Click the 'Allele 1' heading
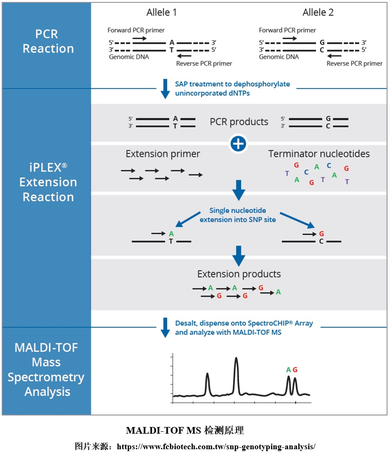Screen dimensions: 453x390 tap(162, 13)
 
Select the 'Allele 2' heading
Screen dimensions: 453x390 tap(318, 13)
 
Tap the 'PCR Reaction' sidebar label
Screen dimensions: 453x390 tap(48, 41)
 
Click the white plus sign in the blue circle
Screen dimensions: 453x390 tap(239, 144)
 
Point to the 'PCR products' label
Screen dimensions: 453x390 tap(239, 122)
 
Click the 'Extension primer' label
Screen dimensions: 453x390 tap(163, 154)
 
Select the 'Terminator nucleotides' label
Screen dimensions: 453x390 tap(319, 154)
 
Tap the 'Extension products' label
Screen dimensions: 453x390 tap(239, 274)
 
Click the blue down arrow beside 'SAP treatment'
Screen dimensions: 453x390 tap(165, 89)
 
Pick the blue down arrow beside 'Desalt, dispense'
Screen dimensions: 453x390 tap(165, 327)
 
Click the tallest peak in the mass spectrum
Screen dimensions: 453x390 tap(236, 360)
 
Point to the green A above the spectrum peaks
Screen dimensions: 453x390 tap(288, 370)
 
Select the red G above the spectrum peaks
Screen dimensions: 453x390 tap(295, 370)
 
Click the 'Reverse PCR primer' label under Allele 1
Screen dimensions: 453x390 tap(204, 64)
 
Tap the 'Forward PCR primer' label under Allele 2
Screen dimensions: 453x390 tap(287, 30)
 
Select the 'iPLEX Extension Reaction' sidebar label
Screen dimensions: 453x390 tap(48, 182)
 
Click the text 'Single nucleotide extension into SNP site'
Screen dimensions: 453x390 tap(239, 215)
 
